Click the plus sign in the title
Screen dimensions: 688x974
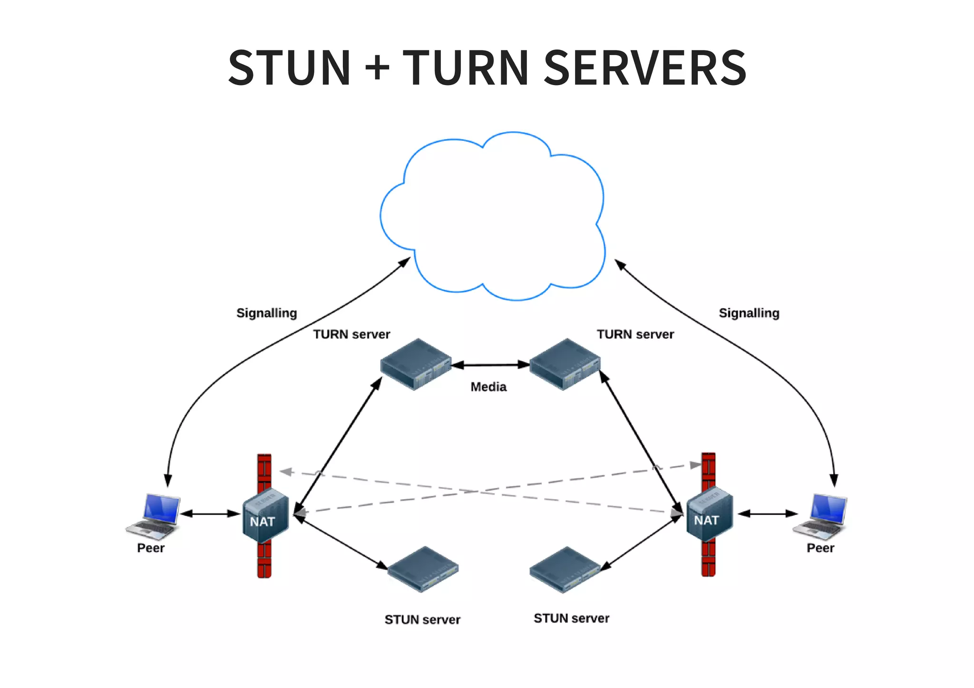click(377, 68)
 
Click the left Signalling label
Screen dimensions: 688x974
click(266, 313)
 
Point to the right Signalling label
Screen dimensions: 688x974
click(749, 313)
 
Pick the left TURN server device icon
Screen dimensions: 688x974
click(415, 364)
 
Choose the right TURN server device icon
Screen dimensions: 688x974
click(565, 364)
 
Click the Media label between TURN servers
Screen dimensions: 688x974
click(488, 387)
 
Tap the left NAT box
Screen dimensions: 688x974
click(265, 515)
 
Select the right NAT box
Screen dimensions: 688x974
click(709, 514)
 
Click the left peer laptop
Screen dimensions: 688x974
click(154, 515)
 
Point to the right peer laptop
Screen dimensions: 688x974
click(821, 515)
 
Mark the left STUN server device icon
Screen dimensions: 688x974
click(422, 569)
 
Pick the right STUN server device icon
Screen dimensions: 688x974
click(565, 569)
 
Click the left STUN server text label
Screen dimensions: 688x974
click(422, 620)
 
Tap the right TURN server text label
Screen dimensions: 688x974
click(635, 334)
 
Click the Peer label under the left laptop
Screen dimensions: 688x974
click(150, 548)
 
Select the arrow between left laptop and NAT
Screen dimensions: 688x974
click(210, 514)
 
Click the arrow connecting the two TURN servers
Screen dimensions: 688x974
click(490, 365)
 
